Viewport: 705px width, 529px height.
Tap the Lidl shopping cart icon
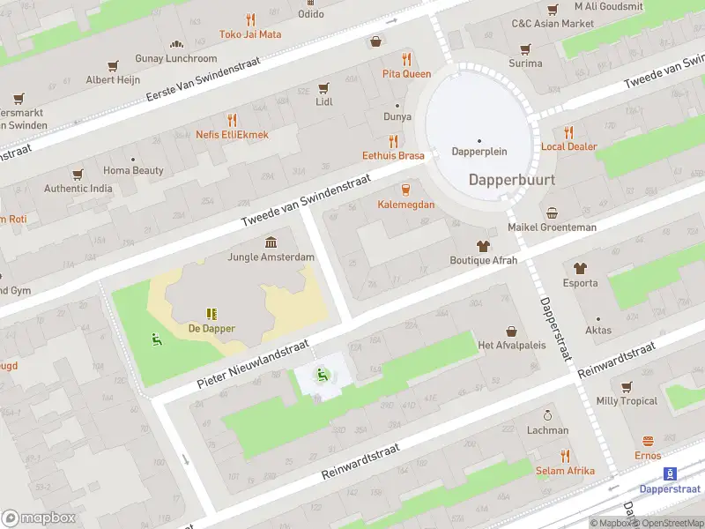click(323, 87)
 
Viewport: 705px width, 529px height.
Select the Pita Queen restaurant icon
click(406, 59)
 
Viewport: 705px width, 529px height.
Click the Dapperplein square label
click(479, 151)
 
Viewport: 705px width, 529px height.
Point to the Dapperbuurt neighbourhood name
click(511, 178)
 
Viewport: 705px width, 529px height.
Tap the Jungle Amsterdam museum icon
click(271, 242)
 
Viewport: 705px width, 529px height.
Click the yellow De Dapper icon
click(211, 314)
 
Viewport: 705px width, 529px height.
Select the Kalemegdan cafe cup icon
click(406, 190)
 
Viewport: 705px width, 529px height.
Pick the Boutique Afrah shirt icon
click(483, 245)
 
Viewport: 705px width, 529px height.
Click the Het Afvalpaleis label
click(511, 345)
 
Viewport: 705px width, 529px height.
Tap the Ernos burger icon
click(648, 441)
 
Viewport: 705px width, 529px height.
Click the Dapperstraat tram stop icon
click(669, 473)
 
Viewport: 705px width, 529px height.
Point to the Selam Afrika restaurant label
click(565, 471)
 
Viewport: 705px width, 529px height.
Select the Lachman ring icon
click(547, 415)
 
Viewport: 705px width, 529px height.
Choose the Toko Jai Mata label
click(250, 34)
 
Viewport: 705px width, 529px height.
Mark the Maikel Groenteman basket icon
click(553, 212)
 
